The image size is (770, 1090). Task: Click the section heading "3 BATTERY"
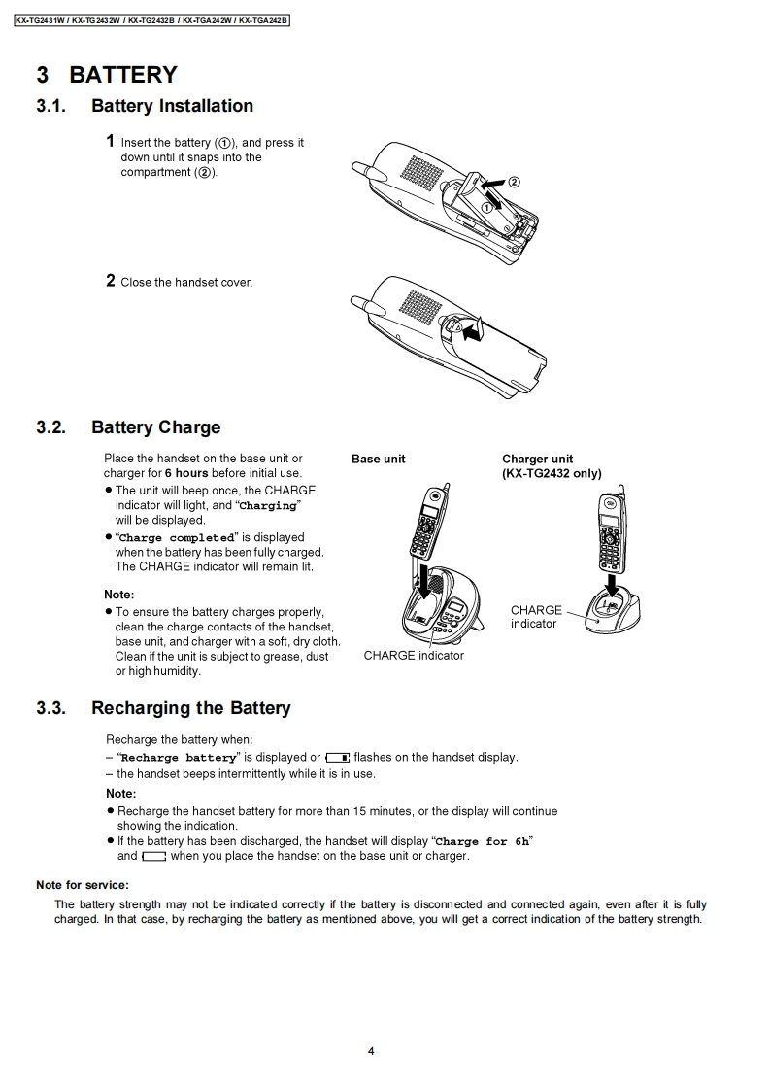107,75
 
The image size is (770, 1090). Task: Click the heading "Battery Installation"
172,106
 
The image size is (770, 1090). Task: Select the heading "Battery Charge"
155,427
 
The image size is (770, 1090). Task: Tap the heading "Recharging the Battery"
190,708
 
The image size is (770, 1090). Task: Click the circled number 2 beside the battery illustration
514,182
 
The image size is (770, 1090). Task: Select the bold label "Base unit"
379,459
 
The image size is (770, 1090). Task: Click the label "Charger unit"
537,459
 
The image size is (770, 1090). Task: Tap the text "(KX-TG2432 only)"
552,473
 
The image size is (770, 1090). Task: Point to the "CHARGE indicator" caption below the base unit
414,656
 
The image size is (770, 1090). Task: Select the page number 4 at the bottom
371,1050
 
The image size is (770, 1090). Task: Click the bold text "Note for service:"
83,885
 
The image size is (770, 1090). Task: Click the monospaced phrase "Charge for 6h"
484,842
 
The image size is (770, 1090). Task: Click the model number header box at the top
152,19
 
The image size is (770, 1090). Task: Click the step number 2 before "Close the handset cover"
111,281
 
